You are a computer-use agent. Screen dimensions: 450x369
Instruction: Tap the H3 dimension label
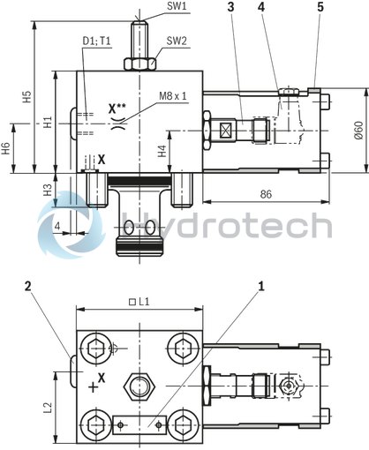tap(49, 189)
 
